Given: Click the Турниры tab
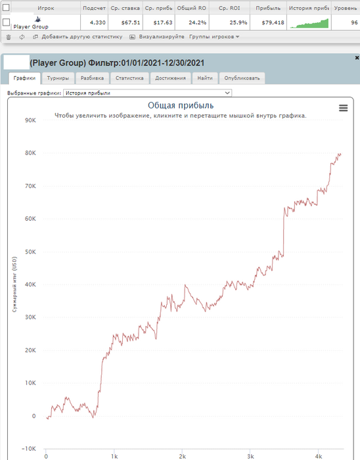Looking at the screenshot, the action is pos(58,78).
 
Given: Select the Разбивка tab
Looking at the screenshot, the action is pos(92,78).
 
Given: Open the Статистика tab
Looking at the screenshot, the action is pos(129,78).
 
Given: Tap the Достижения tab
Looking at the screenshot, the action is pos(170,78).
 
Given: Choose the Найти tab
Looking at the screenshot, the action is pos(205,78).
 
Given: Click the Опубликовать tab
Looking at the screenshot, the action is pos(242,78).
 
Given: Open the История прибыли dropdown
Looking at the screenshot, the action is pos(147,93).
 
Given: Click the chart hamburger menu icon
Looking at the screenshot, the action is pos(344,108).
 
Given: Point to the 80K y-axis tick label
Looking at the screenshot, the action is pos(30,153).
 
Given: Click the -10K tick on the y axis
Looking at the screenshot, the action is pos(29,449).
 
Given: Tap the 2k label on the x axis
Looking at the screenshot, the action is pos(183,457).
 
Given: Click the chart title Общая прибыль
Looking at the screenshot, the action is pos(181,106).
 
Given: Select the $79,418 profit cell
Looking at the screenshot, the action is pos(268,22).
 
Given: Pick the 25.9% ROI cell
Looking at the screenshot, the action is pos(229,22).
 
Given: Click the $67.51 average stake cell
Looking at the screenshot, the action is pos(125,22).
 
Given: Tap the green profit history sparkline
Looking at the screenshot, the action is pos(309,24).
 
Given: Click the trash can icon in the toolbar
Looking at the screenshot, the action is pos(9,37).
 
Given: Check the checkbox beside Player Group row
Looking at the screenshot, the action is pos(6,22).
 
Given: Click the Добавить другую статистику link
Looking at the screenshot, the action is pos(82,37).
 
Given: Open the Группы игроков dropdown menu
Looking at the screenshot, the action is pos(214,37).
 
